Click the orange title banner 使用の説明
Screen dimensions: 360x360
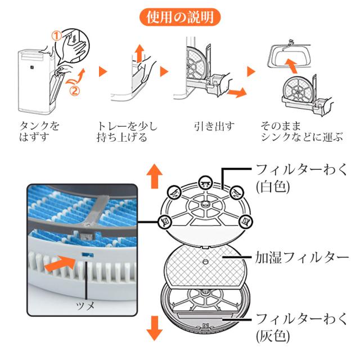(180, 17)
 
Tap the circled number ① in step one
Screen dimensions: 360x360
(56, 36)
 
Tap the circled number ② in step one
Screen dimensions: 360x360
(75, 91)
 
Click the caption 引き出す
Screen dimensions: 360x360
(214, 127)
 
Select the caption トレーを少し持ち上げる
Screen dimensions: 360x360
(127, 132)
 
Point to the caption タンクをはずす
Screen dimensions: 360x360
(39, 132)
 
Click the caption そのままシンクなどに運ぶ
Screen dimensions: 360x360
(301, 132)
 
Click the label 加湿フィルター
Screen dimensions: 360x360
(301, 257)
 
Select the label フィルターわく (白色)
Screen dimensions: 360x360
(301, 178)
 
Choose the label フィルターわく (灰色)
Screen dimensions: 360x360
(301, 327)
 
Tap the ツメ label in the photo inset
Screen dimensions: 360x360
(85, 305)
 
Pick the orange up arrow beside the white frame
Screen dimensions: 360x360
(155, 176)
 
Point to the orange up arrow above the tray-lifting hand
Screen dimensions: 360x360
(139, 53)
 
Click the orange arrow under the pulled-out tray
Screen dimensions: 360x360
(237, 92)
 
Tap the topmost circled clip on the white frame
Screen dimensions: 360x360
(205, 182)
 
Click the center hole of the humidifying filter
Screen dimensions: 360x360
(205, 261)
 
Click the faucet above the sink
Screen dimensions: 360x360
(291, 43)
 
